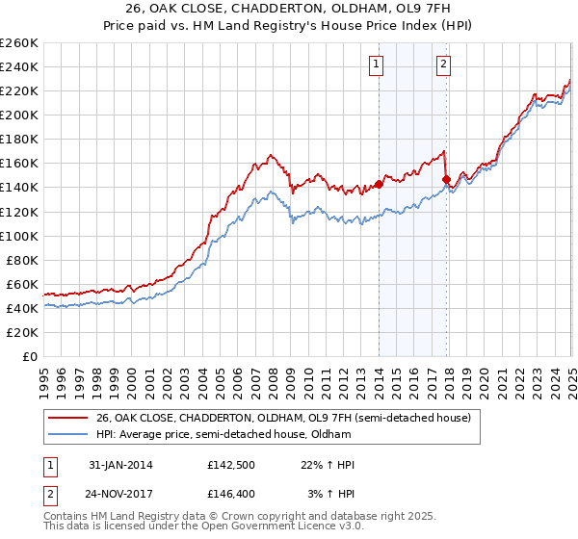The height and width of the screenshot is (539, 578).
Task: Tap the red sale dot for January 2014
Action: click(x=379, y=184)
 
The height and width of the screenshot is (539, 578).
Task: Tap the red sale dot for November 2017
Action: click(x=447, y=179)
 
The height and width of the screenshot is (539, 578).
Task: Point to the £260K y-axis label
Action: click(x=19, y=43)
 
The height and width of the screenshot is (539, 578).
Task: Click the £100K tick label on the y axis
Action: click(x=19, y=236)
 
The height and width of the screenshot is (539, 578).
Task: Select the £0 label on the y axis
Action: click(x=30, y=356)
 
